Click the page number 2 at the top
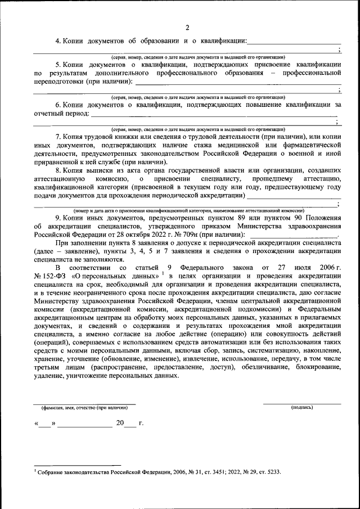point(187,28)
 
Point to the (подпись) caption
point(302,407)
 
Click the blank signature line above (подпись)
point(302,403)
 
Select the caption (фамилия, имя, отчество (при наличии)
point(84,407)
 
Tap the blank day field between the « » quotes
point(45,423)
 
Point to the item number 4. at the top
point(58,41)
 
